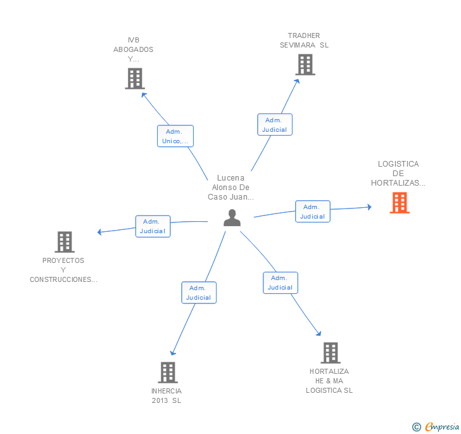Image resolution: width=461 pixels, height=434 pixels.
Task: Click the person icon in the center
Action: pos(232,218)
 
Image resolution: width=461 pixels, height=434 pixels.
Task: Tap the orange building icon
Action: pos(399,203)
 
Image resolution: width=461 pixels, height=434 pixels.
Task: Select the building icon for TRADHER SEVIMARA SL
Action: pos(305,65)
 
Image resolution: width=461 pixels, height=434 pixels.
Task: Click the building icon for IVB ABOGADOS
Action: pos(134,79)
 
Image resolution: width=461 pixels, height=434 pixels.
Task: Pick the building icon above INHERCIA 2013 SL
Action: pos(167,373)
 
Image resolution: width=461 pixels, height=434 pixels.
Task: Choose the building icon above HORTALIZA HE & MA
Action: pos(330,353)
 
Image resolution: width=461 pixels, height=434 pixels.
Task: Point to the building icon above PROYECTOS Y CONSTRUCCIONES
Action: pos(64,242)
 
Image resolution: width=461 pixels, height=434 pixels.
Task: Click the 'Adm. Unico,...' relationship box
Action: pos(175,136)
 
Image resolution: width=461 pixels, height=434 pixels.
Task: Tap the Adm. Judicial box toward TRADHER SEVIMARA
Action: pos(275,125)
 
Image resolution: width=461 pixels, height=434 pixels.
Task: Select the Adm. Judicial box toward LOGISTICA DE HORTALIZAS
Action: pos(312,212)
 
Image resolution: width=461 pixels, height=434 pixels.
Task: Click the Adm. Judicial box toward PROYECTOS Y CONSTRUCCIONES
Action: pos(153,226)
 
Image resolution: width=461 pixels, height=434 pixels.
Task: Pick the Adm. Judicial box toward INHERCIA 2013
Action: pos(199,293)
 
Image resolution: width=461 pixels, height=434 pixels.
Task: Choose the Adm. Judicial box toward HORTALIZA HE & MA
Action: pos(281,283)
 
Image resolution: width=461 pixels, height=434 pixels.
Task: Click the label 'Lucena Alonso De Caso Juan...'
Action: pos(230,188)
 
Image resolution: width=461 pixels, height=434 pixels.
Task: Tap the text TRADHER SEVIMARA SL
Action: pos(304,41)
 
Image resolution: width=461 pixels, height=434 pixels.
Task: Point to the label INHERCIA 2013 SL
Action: pos(167,395)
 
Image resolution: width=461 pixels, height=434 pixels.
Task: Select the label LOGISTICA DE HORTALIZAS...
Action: pos(398,174)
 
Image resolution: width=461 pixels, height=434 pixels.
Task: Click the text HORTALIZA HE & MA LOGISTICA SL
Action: pos(329,381)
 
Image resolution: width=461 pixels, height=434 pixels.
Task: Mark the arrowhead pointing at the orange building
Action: pos(369,207)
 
